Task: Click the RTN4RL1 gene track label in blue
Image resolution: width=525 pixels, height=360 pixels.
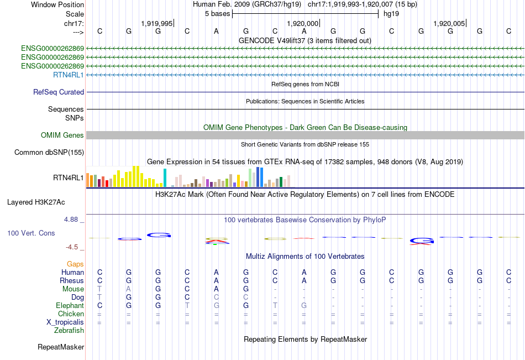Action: (68, 75)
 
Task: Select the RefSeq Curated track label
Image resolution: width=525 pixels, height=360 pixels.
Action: (59, 92)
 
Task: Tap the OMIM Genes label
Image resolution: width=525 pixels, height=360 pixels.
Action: (62, 135)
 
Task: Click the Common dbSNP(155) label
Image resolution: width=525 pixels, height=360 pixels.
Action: (49, 153)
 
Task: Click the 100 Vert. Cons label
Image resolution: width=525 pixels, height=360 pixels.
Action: (31, 233)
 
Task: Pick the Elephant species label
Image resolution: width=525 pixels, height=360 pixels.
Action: (70, 305)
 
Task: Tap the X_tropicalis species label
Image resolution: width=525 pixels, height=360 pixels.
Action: (65, 322)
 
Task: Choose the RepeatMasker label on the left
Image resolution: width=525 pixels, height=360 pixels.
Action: (61, 347)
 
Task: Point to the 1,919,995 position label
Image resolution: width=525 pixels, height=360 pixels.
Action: (157, 23)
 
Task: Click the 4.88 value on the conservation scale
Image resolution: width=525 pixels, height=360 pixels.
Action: (72, 220)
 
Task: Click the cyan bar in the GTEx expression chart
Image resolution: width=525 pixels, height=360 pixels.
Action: (165, 178)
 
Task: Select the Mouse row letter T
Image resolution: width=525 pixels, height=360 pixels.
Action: (99, 289)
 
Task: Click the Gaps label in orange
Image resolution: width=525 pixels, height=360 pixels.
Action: (75, 264)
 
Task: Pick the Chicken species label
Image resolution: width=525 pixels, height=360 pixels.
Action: (71, 314)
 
